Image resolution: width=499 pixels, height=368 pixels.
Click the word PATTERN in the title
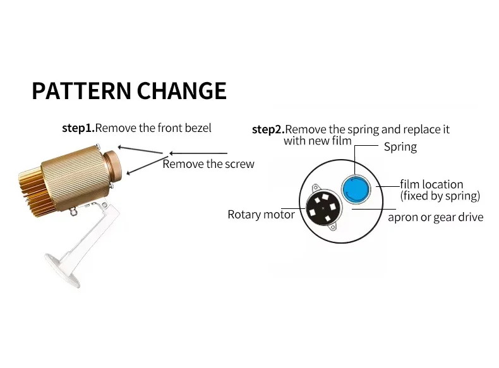tap(80, 91)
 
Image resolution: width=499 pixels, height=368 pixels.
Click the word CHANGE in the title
tap(180, 91)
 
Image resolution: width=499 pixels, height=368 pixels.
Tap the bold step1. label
tap(78, 128)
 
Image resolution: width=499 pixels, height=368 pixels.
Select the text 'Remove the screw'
tap(208, 164)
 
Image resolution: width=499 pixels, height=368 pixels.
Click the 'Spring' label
tap(400, 147)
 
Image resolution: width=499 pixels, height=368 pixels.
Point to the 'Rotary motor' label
tap(261, 215)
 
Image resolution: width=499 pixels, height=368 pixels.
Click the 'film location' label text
tap(431, 184)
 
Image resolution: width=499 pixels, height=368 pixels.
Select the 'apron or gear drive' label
tap(435, 217)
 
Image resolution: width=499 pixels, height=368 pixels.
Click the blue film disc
tap(355, 188)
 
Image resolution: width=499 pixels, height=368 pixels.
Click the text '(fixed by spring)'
tap(440, 196)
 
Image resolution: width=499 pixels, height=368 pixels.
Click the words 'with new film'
tap(317, 141)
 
